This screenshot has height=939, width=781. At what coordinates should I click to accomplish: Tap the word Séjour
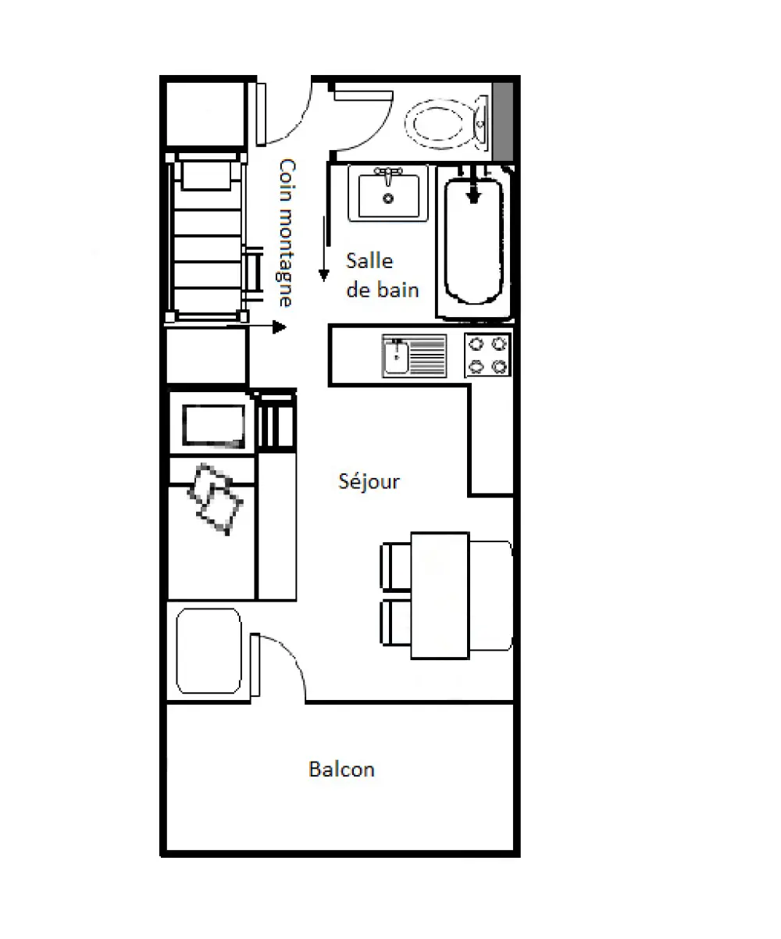369,482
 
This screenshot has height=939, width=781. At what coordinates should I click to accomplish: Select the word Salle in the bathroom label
369,261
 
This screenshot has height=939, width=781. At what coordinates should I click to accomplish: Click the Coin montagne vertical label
287,233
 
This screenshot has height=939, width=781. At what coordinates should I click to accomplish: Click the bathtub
474,243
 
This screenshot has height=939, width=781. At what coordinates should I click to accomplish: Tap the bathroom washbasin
388,194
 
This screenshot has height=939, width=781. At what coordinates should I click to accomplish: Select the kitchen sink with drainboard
414,355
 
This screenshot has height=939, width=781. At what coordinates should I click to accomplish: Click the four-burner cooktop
488,355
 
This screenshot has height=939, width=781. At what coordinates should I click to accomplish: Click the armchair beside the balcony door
209,651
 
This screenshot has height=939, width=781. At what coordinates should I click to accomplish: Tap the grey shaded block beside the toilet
503,121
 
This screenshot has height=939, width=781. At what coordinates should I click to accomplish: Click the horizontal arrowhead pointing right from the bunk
280,327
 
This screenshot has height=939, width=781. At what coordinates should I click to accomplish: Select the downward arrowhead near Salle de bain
323,275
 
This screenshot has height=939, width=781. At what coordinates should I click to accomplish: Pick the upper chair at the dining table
396,566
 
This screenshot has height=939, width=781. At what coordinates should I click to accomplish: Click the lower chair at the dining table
396,623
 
